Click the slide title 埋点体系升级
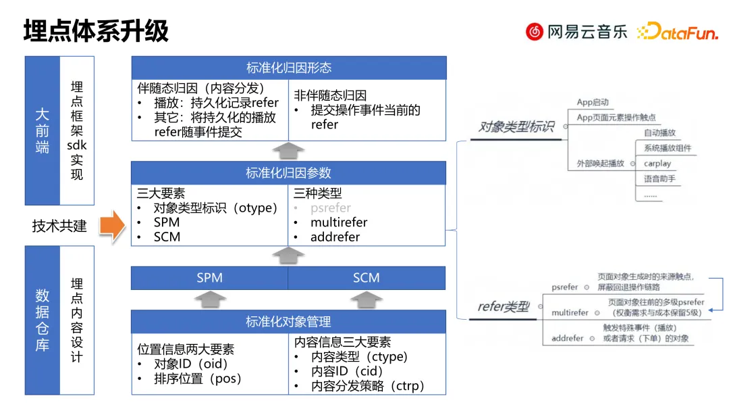point(96,32)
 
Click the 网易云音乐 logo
point(576,31)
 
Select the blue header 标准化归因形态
point(288,68)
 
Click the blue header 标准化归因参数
point(288,173)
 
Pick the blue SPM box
point(209,278)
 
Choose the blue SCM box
point(367,278)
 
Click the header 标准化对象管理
point(288,322)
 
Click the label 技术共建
point(59,226)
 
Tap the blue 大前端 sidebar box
point(42,130)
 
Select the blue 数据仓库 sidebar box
point(42,320)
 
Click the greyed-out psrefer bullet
point(331,208)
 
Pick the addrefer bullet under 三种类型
point(335,237)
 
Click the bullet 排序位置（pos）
point(198,379)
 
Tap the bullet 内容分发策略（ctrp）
point(368,386)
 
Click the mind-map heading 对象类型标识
point(516,126)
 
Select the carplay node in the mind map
point(657,164)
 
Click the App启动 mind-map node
point(593,103)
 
